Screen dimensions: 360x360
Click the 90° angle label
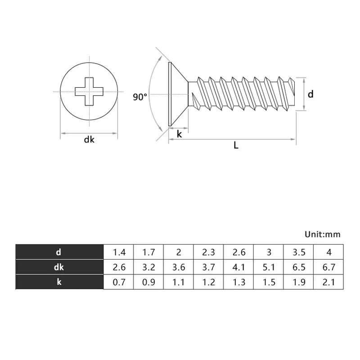pyautogui.click(x=140, y=97)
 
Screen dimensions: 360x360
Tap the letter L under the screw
pyautogui.click(x=235, y=145)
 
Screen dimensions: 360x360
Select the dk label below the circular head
pyautogui.click(x=89, y=139)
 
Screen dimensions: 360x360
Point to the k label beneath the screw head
pyautogui.click(x=179, y=134)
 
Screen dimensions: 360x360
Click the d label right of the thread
pyautogui.click(x=310, y=94)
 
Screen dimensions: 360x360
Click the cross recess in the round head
pyautogui.click(x=89, y=92)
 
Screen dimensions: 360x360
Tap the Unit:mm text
pyautogui.click(x=323, y=234)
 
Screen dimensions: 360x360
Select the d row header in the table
pyautogui.click(x=59, y=252)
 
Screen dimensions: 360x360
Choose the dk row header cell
pyautogui.click(x=59, y=267)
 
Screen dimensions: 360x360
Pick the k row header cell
pyautogui.click(x=59, y=282)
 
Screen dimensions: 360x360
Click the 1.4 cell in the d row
pyautogui.click(x=119, y=252)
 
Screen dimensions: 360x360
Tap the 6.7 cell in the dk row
pyautogui.click(x=329, y=267)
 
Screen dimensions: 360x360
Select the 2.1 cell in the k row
pyautogui.click(x=329, y=282)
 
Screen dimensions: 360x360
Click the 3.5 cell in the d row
pyautogui.click(x=299, y=252)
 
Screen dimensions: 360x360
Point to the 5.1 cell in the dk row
pyautogui.click(x=269, y=267)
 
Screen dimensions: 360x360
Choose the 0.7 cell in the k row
pyautogui.click(x=119, y=282)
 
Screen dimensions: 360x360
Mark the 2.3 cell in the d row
pyautogui.click(x=209, y=252)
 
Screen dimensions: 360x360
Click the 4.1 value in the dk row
pyautogui.click(x=239, y=267)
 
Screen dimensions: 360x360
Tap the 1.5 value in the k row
pyautogui.click(x=269, y=282)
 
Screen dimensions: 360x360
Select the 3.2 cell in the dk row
pyautogui.click(x=149, y=267)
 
